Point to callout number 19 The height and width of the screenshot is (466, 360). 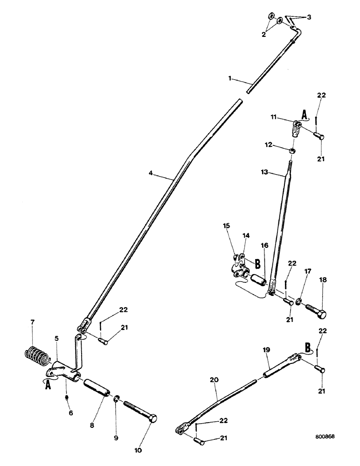[265, 348]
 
